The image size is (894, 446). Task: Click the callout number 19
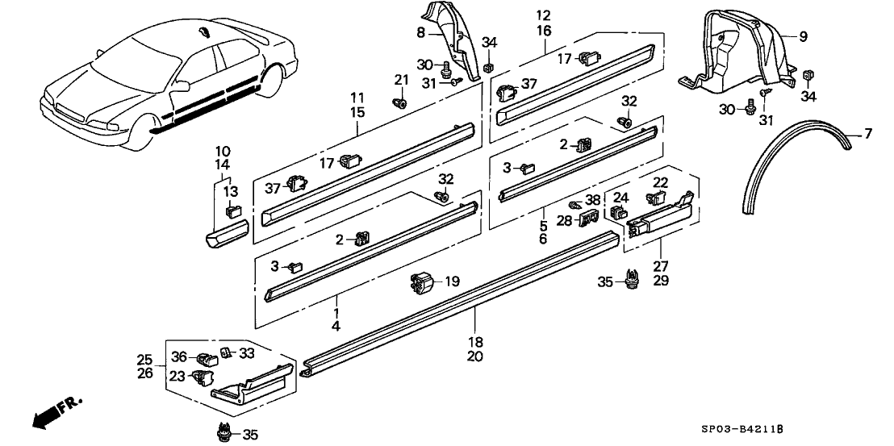453,282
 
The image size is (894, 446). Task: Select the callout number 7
867,133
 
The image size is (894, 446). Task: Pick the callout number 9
803,36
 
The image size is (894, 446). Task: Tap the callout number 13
232,191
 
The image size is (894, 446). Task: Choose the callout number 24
621,197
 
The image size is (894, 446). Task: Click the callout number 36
179,356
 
